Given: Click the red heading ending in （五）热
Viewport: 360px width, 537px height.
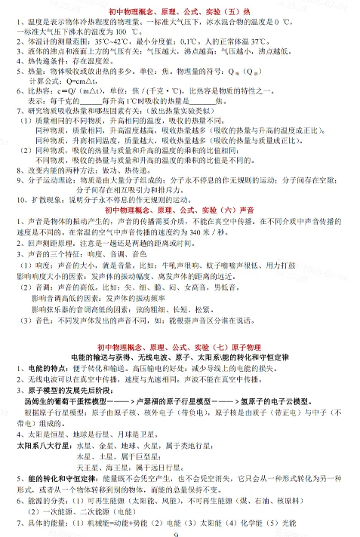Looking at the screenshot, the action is [x=181, y=12].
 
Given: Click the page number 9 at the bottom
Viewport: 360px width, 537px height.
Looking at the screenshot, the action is [x=180, y=533].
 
